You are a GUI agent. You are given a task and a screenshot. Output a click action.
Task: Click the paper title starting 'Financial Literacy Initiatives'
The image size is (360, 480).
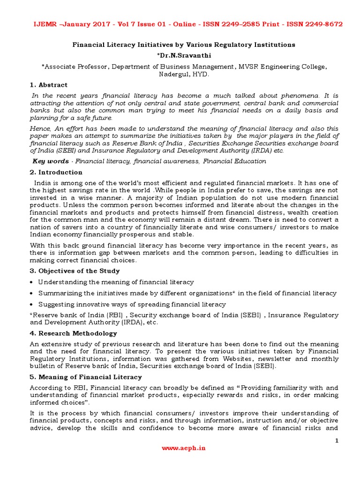(183, 45)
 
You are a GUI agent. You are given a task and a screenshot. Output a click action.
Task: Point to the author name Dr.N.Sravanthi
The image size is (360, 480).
(183, 56)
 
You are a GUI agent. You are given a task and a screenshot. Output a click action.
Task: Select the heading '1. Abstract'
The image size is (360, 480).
(49, 85)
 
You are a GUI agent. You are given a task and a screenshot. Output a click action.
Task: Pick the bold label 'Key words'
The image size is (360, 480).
(51, 161)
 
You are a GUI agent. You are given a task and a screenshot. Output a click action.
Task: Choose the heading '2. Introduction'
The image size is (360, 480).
(56, 172)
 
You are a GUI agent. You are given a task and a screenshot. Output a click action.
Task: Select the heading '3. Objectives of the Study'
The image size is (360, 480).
(75, 271)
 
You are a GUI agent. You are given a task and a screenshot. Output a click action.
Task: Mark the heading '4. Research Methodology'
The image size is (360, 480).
(74, 333)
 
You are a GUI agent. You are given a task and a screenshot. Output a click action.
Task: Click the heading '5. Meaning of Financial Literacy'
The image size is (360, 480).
(86, 377)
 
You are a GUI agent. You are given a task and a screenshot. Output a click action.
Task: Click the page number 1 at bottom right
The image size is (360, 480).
(337, 441)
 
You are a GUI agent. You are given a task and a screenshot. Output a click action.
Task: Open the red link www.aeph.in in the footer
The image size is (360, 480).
(183, 448)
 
